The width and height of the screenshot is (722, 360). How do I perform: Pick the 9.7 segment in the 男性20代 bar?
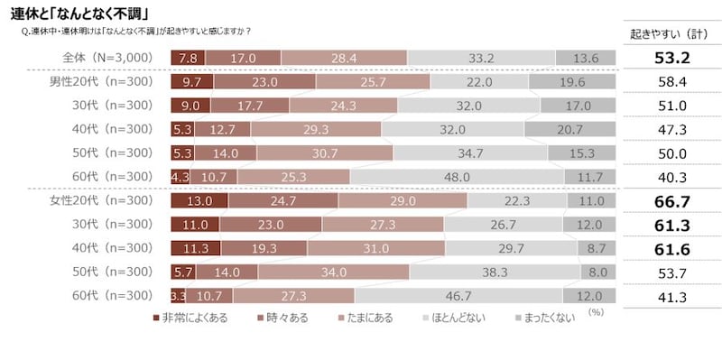[x=191, y=82]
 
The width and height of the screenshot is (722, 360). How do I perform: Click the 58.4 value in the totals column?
[x=668, y=82]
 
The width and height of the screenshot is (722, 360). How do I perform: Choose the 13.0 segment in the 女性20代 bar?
[x=199, y=200]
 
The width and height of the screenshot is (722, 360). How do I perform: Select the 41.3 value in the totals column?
[x=668, y=294]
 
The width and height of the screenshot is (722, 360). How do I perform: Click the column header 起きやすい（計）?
[x=668, y=34]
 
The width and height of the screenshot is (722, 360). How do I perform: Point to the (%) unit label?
[x=595, y=311]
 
